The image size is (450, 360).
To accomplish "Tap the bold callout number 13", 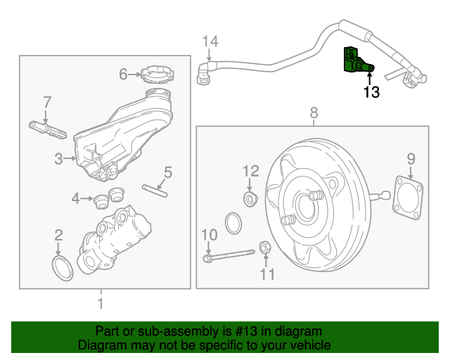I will tap(371, 92).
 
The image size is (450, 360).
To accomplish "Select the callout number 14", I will tap(210, 41).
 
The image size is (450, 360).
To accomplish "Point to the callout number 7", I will tap(46, 102).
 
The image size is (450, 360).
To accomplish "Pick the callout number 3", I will tap(59, 160).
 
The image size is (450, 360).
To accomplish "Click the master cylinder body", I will tap(116, 239).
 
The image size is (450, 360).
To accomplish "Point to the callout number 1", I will tap(100, 304).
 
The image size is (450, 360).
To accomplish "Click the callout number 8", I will tap(314, 112).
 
